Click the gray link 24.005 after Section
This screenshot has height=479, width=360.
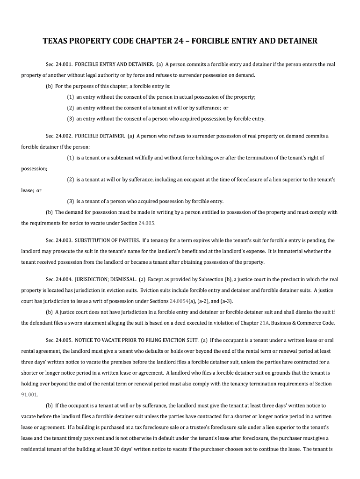point(147,223)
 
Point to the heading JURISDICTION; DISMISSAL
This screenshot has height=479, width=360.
point(106,279)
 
